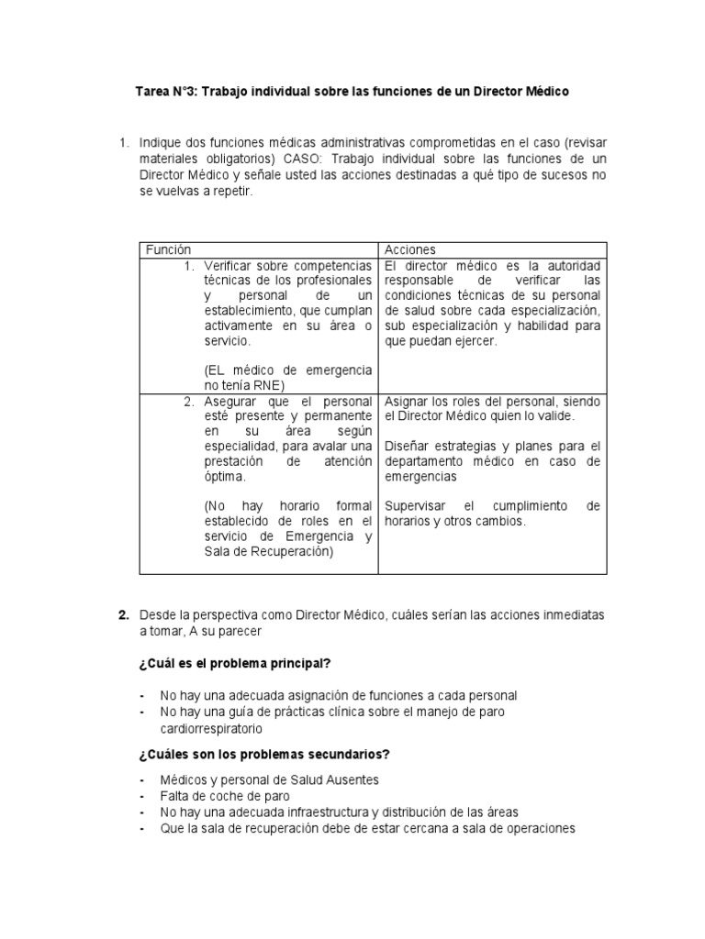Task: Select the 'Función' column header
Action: pos(169,249)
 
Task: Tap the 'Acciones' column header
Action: pos(410,249)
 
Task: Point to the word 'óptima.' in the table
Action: pos(227,477)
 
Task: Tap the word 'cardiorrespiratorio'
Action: pos(210,729)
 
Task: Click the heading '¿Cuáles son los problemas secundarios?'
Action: pos(264,755)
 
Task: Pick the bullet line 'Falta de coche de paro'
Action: pos(226,796)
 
